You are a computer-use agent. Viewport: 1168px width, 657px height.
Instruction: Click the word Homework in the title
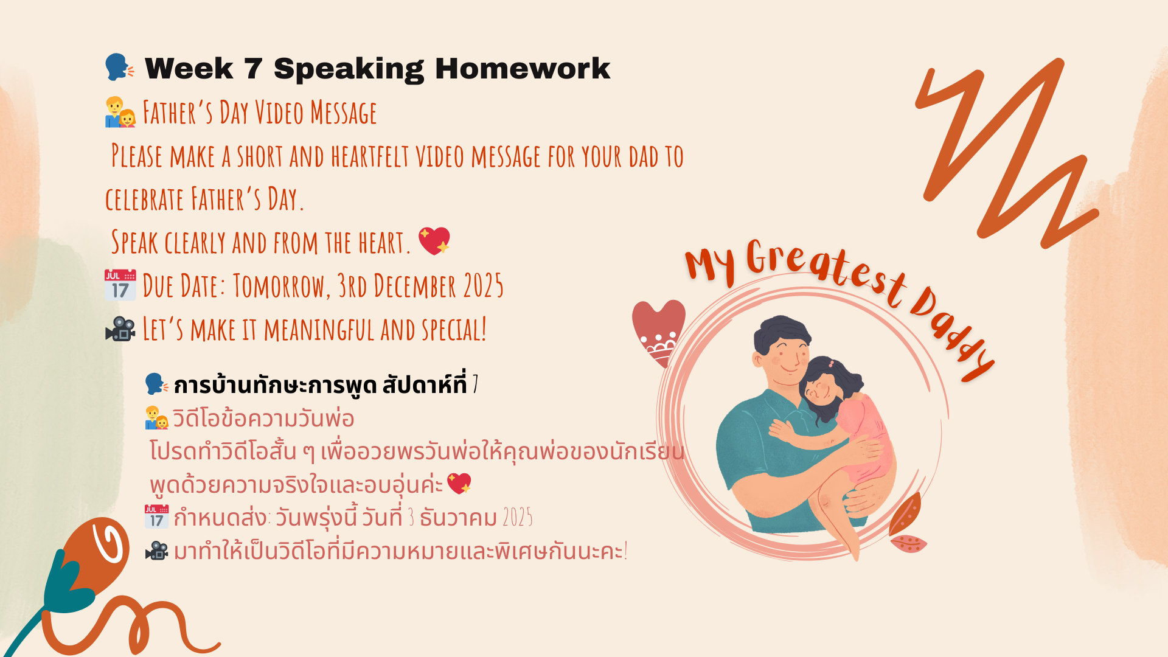[x=523, y=68]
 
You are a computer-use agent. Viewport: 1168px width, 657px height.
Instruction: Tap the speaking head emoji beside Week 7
[x=119, y=67]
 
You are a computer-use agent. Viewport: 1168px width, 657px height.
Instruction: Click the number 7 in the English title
[x=253, y=69]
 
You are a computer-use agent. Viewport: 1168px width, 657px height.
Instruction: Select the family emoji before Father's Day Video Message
[x=120, y=113]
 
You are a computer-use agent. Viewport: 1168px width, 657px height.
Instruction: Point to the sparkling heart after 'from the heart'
[x=434, y=241]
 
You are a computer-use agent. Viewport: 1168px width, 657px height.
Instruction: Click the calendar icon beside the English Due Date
[x=120, y=285]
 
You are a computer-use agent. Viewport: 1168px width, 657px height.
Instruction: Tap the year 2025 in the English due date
[x=483, y=285]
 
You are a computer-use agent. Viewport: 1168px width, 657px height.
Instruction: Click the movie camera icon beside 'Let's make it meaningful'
[x=120, y=329]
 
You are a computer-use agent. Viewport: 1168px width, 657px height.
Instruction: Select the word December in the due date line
[x=414, y=285]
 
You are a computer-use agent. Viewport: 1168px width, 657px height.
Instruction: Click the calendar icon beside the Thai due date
[x=156, y=516]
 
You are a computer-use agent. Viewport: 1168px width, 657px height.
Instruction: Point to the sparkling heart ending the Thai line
[x=459, y=484]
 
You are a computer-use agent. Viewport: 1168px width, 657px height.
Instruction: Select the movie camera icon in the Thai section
[x=156, y=551]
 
